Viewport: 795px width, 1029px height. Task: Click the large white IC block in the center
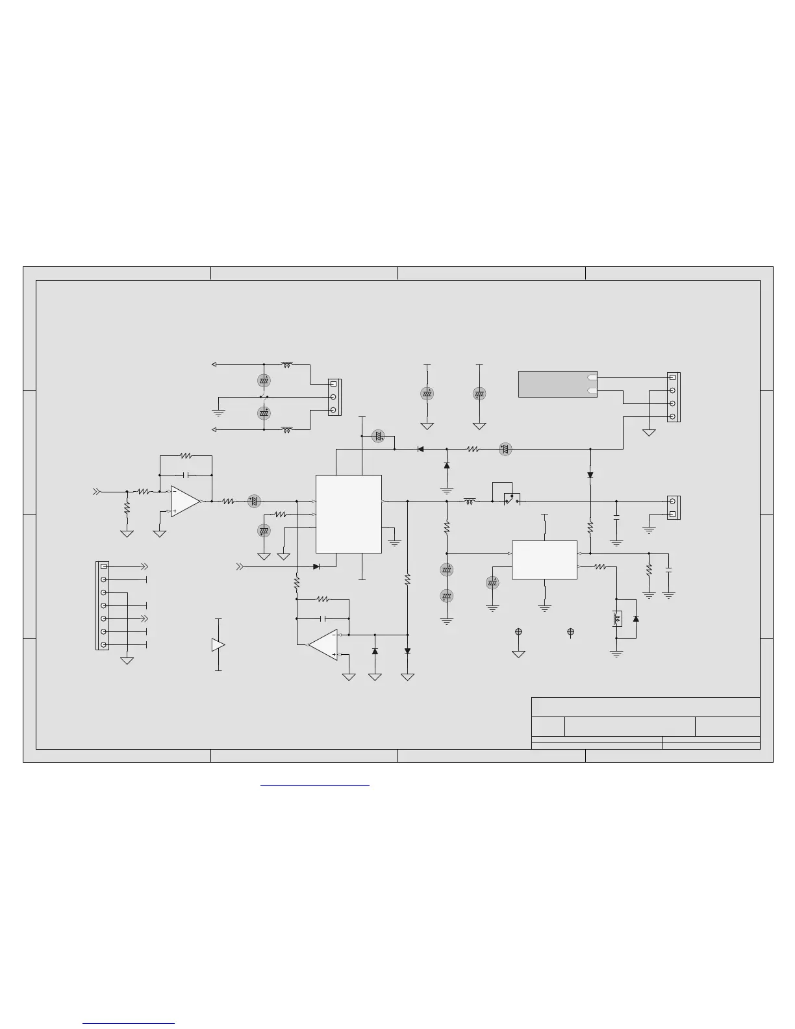(348, 514)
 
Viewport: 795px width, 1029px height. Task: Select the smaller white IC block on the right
(544, 559)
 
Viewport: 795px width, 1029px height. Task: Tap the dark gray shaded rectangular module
(557, 384)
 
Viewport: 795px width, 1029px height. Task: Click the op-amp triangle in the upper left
(185, 502)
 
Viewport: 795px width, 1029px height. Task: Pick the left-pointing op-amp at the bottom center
(323, 644)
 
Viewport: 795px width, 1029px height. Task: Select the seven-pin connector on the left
(103, 605)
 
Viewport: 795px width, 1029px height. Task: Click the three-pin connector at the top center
(334, 397)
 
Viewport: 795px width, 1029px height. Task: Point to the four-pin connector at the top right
(674, 397)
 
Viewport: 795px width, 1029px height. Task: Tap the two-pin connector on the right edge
(674, 508)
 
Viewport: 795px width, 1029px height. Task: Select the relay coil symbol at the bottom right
(616, 618)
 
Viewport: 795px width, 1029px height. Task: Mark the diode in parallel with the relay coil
(636, 618)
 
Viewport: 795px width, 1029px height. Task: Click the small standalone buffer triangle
(218, 644)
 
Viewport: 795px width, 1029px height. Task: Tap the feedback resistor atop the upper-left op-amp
(186, 456)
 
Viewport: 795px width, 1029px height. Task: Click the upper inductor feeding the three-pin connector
(286, 364)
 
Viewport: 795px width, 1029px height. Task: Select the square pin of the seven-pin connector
(104, 566)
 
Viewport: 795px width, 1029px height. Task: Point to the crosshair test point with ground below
(518, 631)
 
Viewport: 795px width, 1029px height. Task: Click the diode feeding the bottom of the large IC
(316, 566)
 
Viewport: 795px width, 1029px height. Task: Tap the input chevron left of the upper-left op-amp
(97, 492)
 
